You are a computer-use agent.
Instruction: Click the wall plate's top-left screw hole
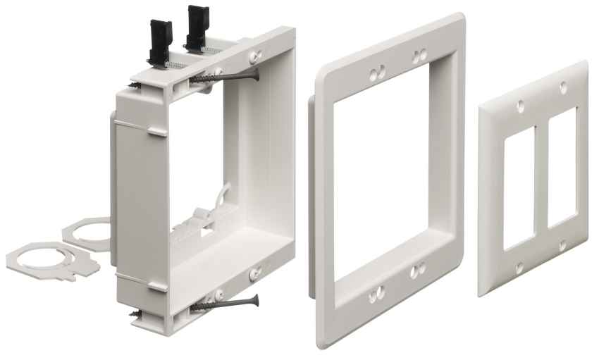tap(520, 106)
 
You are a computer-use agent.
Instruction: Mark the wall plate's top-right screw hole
tap(563, 87)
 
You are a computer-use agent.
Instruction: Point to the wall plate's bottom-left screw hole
tap(519, 268)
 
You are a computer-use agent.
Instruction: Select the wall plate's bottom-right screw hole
tap(562, 246)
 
